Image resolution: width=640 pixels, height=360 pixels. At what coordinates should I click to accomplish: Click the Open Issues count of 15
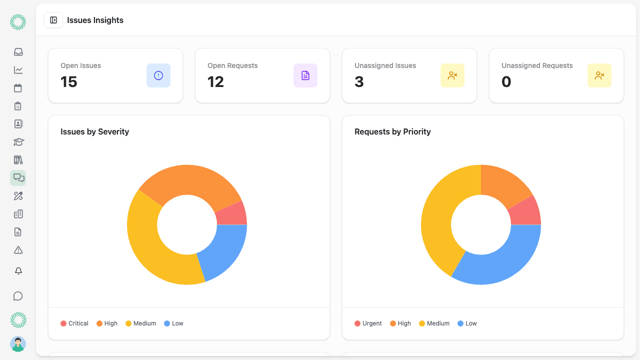[69, 82]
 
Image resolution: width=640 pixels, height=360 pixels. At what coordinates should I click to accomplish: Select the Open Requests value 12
[216, 82]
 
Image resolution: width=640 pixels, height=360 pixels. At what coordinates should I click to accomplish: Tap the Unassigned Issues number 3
[359, 82]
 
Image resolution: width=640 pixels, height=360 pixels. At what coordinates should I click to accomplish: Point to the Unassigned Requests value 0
[506, 82]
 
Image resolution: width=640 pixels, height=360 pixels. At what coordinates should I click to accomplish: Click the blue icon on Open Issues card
[158, 75]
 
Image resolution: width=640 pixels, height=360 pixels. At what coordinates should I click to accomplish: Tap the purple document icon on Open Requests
[305, 75]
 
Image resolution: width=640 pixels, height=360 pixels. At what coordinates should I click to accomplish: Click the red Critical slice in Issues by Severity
[231, 214]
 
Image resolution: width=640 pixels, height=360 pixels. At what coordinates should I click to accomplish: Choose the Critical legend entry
[74, 323]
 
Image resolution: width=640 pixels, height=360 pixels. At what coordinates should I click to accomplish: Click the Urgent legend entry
[368, 323]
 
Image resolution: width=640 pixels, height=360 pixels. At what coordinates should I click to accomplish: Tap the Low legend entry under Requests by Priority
[467, 323]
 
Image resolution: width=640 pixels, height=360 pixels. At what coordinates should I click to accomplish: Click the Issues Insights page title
[95, 20]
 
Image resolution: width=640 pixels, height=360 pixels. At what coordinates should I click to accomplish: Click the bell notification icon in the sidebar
[18, 271]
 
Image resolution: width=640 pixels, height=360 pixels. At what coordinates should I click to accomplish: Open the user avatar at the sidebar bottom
[18, 344]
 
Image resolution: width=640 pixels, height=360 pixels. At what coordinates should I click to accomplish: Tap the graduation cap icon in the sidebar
[18, 142]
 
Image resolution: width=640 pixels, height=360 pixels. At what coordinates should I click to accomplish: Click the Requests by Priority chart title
[392, 132]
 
